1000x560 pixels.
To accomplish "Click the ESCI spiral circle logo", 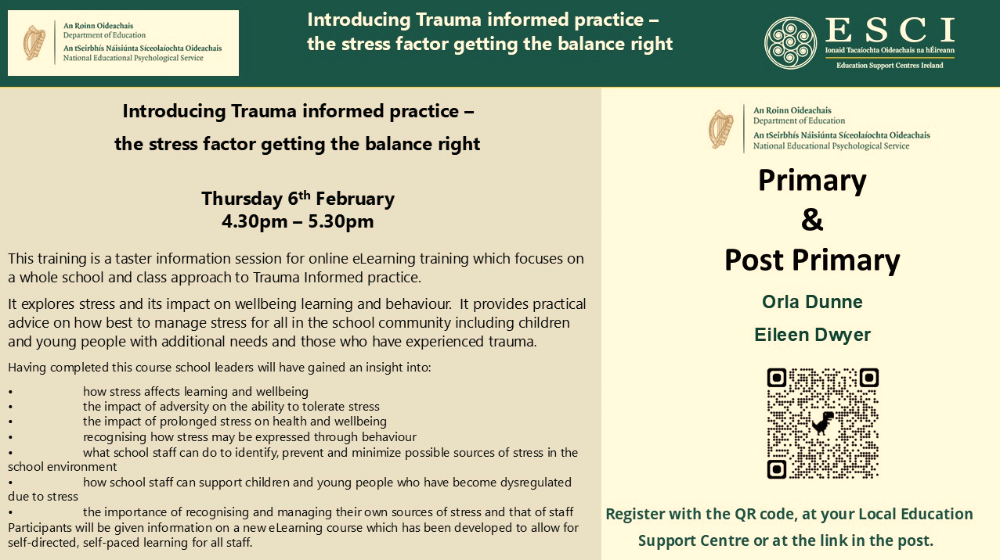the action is [791, 43].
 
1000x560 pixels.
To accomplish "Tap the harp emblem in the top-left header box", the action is [34, 43].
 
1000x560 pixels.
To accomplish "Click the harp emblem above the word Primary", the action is [720, 129].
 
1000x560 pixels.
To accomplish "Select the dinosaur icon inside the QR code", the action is [822, 422].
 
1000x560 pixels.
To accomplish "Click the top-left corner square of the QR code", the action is [776, 378].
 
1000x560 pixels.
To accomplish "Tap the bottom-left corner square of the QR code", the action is [776, 469].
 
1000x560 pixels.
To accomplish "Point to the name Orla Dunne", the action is [812, 302].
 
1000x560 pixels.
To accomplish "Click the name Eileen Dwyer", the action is [812, 335].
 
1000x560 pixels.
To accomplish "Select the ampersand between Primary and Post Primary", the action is [812, 219].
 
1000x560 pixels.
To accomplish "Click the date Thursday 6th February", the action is [298, 198].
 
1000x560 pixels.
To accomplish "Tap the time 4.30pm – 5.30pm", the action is [298, 221].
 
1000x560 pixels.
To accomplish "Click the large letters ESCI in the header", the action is [890, 30].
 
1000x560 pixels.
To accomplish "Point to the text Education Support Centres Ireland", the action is [890, 66].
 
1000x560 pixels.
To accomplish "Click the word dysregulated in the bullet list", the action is [536, 483].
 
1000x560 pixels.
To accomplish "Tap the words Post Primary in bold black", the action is [812, 260].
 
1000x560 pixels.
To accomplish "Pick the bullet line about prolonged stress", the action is [235, 422].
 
